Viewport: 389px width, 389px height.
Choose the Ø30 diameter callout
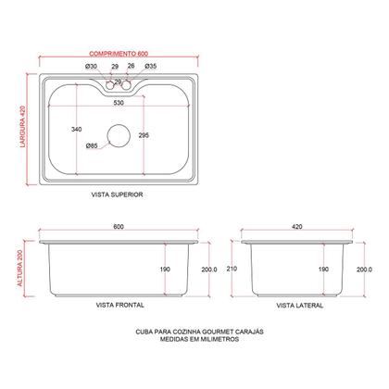(x=91, y=68)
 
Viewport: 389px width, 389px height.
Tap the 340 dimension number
(x=75, y=129)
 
